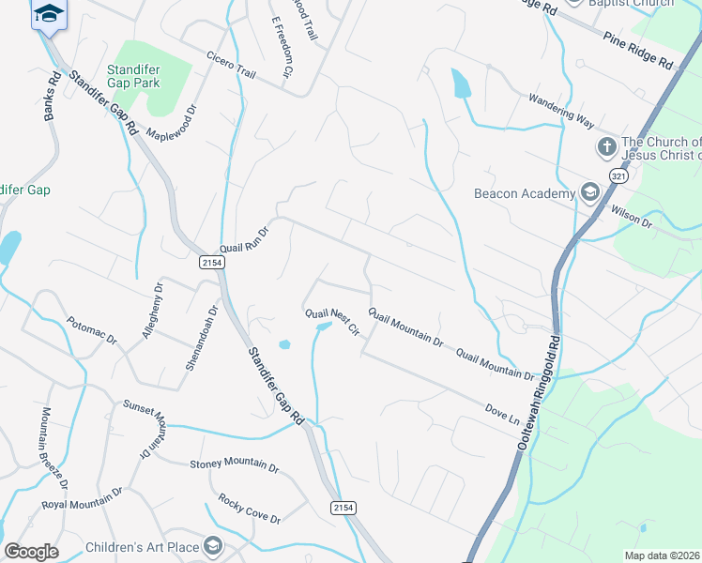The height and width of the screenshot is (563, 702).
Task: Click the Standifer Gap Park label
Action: click(x=132, y=76)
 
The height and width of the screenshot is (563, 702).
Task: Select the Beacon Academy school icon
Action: click(x=589, y=193)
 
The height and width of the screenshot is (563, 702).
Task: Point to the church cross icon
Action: click(x=606, y=147)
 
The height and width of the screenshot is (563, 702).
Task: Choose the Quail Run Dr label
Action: click(x=245, y=238)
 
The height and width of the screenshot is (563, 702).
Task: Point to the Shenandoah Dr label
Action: click(x=201, y=337)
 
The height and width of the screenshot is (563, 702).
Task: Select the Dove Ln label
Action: click(x=501, y=413)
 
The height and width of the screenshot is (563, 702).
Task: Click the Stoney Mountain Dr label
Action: click(x=235, y=465)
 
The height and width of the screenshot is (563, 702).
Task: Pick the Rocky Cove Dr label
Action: click(x=249, y=507)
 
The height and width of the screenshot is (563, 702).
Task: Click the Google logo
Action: click(x=32, y=552)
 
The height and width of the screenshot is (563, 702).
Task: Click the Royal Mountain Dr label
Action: click(x=83, y=498)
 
